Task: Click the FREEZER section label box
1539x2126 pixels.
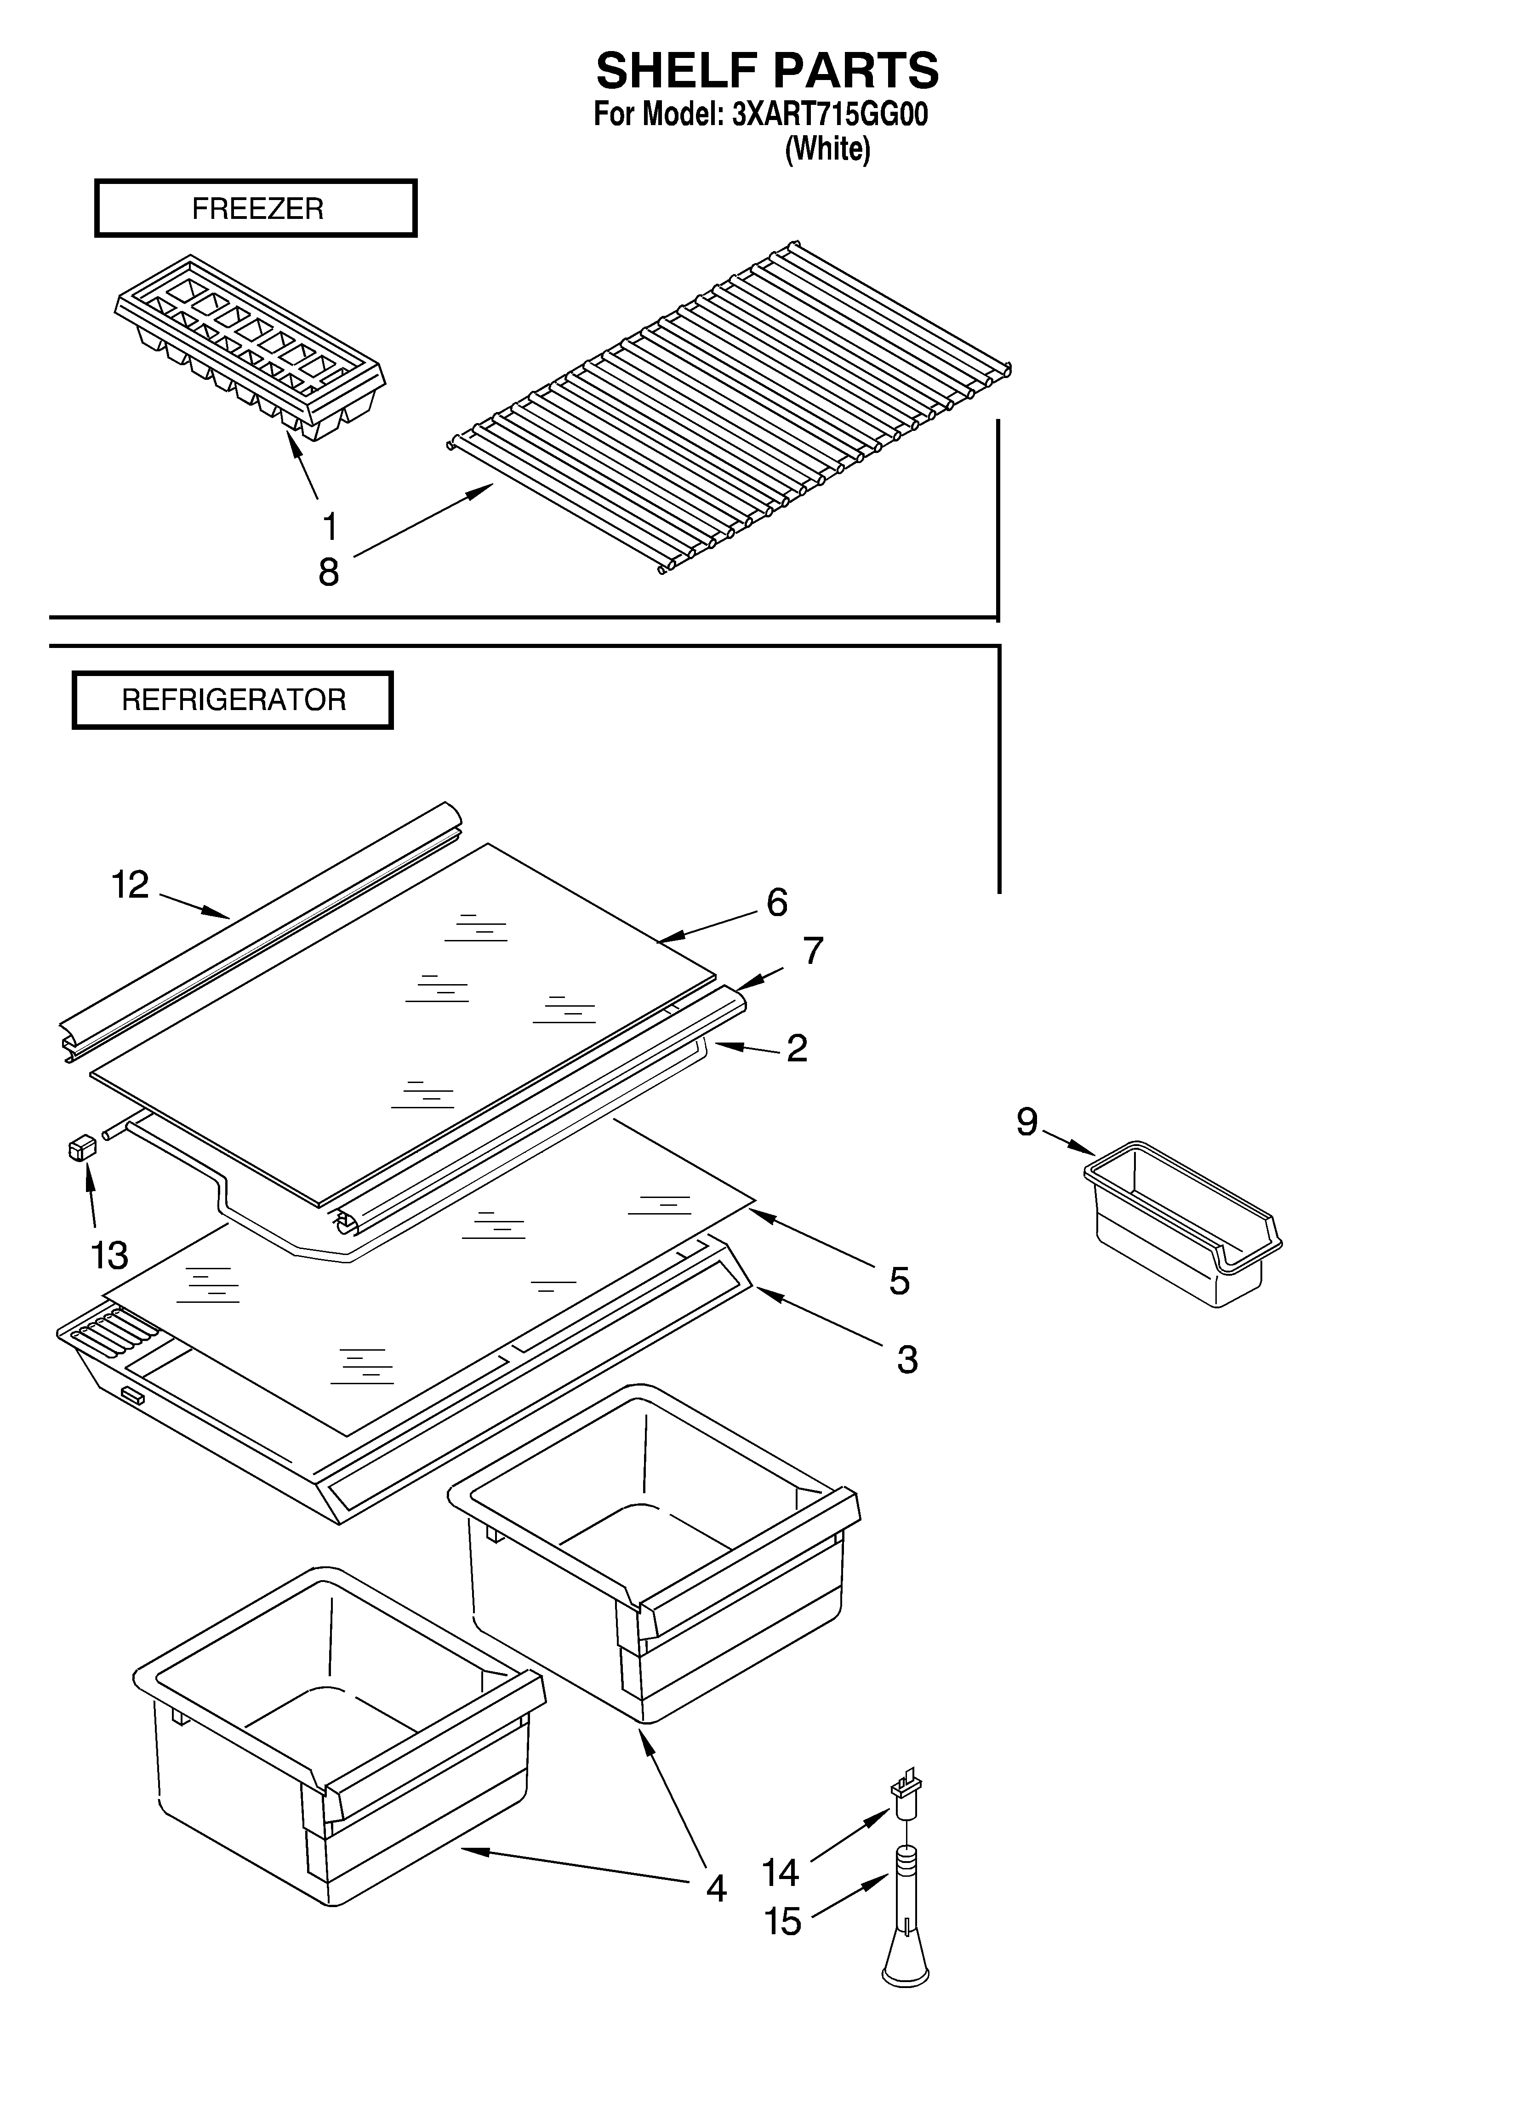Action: (x=256, y=208)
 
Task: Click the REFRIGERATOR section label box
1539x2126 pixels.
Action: (x=233, y=700)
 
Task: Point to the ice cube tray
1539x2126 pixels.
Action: (x=251, y=347)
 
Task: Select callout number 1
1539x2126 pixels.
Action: (x=329, y=527)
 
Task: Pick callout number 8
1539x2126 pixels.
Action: (x=328, y=572)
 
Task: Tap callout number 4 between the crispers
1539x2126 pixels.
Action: (x=716, y=1888)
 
